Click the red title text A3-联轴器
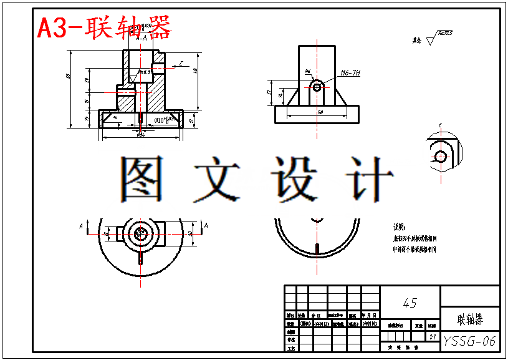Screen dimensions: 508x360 (103, 27)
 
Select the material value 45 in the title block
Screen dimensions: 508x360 (410, 303)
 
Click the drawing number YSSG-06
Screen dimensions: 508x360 (470, 341)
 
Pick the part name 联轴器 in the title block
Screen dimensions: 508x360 (470, 320)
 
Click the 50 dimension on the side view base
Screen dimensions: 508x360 (320, 112)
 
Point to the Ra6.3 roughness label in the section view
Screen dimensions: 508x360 (145, 72)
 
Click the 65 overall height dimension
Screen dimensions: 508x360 (69, 76)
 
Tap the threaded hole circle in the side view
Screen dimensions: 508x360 (317, 87)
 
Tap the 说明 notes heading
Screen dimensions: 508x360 (400, 227)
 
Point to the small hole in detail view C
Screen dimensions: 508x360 (441, 155)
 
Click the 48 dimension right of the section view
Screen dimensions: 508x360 (195, 71)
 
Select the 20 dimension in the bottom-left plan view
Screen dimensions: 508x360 (191, 233)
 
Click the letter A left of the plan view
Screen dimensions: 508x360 (80, 225)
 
